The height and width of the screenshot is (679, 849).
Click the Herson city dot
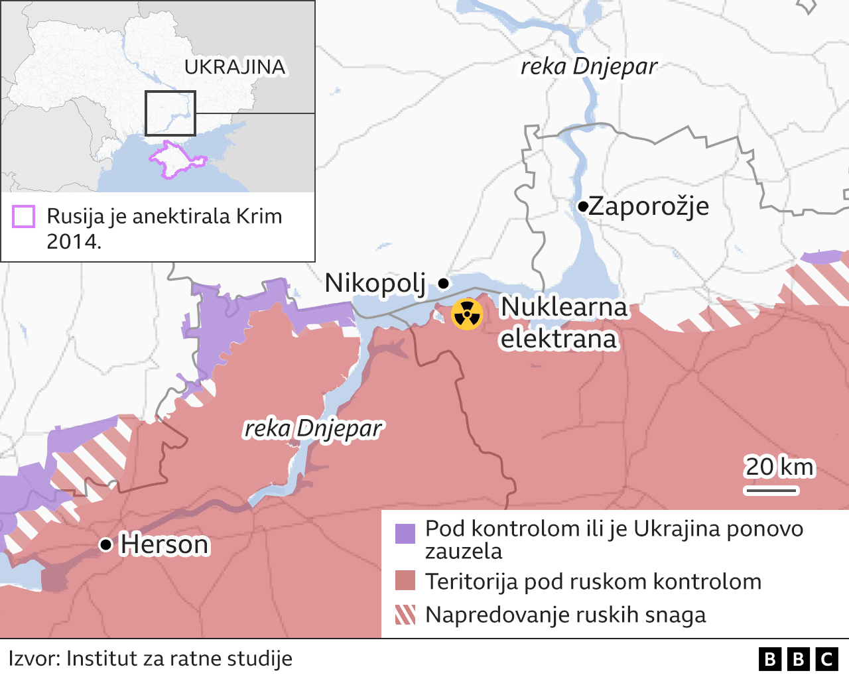[x=105, y=544]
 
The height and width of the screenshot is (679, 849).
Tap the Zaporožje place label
[x=649, y=206]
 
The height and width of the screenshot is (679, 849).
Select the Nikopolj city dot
[x=444, y=283]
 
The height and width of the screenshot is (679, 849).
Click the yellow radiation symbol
[x=467, y=314]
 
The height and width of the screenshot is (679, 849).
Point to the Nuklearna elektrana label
[x=562, y=323]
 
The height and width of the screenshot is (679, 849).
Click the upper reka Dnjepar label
[x=588, y=66]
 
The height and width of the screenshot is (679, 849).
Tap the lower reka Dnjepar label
[x=313, y=428]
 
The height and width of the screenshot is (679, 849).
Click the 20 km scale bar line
[x=771, y=491]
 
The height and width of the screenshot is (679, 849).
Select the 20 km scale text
[x=779, y=467]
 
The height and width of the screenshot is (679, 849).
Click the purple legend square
[x=405, y=533]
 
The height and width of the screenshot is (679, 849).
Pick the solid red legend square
[x=405, y=581]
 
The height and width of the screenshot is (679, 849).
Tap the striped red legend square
[x=405, y=615]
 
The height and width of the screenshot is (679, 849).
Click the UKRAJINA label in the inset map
[x=235, y=67]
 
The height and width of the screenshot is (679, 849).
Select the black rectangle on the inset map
[x=170, y=113]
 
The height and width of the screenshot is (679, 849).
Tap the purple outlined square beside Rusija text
[x=24, y=217]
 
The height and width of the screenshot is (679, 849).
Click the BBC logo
[x=799, y=658]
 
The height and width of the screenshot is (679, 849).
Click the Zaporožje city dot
[x=582, y=207]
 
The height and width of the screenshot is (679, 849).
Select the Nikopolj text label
[x=375, y=283]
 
